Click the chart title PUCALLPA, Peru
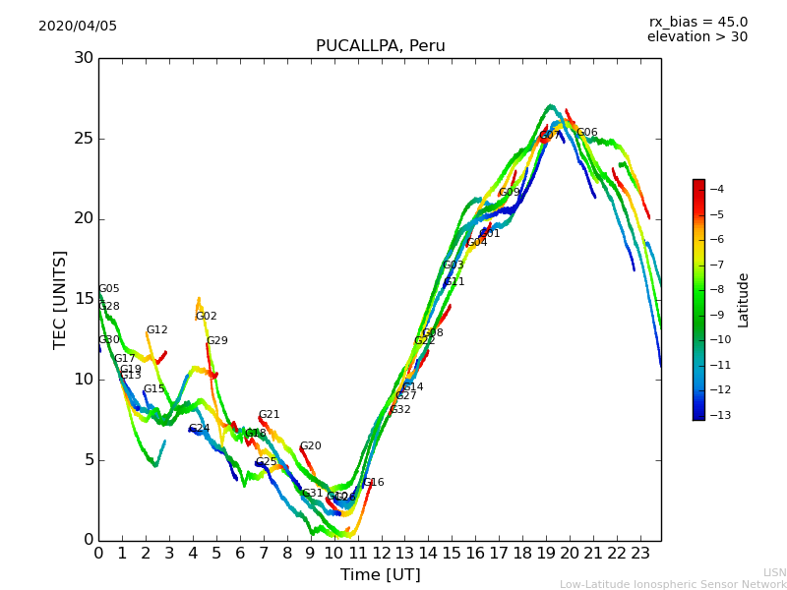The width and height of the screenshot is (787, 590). pos(380,46)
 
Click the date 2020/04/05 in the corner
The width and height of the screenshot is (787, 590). pos(78,27)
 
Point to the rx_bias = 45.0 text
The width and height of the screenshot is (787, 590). pos(697,23)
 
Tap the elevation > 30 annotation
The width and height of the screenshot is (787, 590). pos(696,37)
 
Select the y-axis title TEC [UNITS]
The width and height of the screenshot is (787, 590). pos(61,299)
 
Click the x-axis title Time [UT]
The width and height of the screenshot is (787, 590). pos(380,575)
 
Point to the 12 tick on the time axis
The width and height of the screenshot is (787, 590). pos(381,553)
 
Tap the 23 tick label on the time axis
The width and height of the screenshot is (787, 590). pos(639,553)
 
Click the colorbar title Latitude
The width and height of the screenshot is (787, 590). pos(744,300)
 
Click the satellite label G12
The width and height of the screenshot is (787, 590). pos(157,330)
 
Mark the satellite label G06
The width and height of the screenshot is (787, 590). pos(587,133)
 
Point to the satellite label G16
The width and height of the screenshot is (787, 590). pos(374,483)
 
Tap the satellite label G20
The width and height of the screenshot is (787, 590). pos(311,446)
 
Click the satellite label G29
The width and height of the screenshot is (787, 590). pos(217,341)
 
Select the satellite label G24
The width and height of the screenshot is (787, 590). pos(200,429)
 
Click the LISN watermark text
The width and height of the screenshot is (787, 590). pos(774,572)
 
